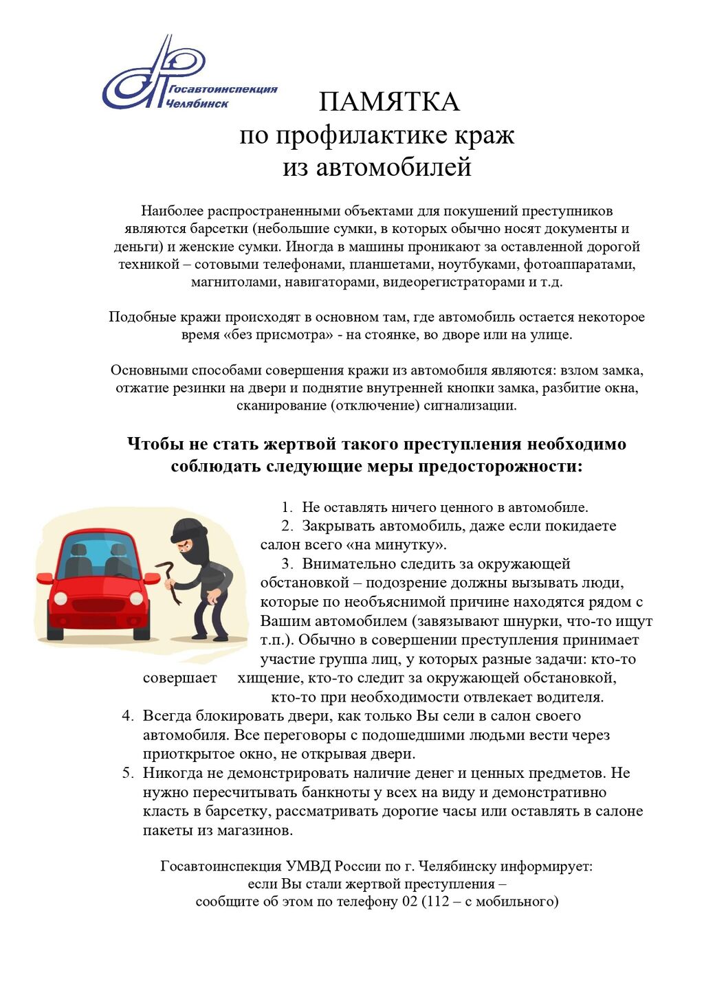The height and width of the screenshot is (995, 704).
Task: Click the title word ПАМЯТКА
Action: click(x=388, y=102)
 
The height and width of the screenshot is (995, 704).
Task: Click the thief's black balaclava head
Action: click(x=188, y=537)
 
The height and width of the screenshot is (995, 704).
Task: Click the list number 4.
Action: click(x=127, y=716)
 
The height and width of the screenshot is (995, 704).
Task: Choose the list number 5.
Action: click(x=127, y=773)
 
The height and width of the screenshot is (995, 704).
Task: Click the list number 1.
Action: click(x=287, y=508)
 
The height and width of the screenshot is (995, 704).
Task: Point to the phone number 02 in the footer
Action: click(x=409, y=902)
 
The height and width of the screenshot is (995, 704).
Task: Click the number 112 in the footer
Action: click(x=437, y=902)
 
